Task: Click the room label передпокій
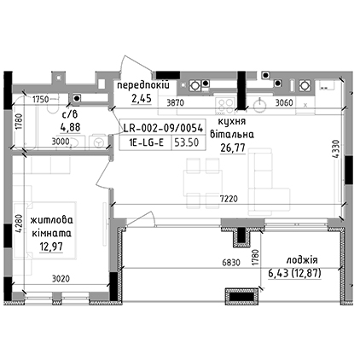pos(143,85)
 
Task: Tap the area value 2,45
pos(141,99)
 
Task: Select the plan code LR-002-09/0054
pos(163,129)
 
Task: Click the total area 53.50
pos(187,142)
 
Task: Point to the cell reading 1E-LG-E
pos(146,142)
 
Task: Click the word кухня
pos(231,122)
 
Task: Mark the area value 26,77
pos(233,148)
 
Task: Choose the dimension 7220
pos(229,199)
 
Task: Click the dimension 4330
pos(336,151)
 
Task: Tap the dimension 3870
pos(176,102)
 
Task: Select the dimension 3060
pos(284,102)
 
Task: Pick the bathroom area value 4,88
pos(70,127)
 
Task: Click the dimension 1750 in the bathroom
pos(42,100)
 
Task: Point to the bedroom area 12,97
pos(51,247)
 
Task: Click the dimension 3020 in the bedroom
pos(61,279)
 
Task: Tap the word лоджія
pos(302,260)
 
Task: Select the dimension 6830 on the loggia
pos(231,263)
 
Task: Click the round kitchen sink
pos(259,106)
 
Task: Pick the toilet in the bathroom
pos(52,106)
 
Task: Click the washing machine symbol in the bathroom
pos(98,142)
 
